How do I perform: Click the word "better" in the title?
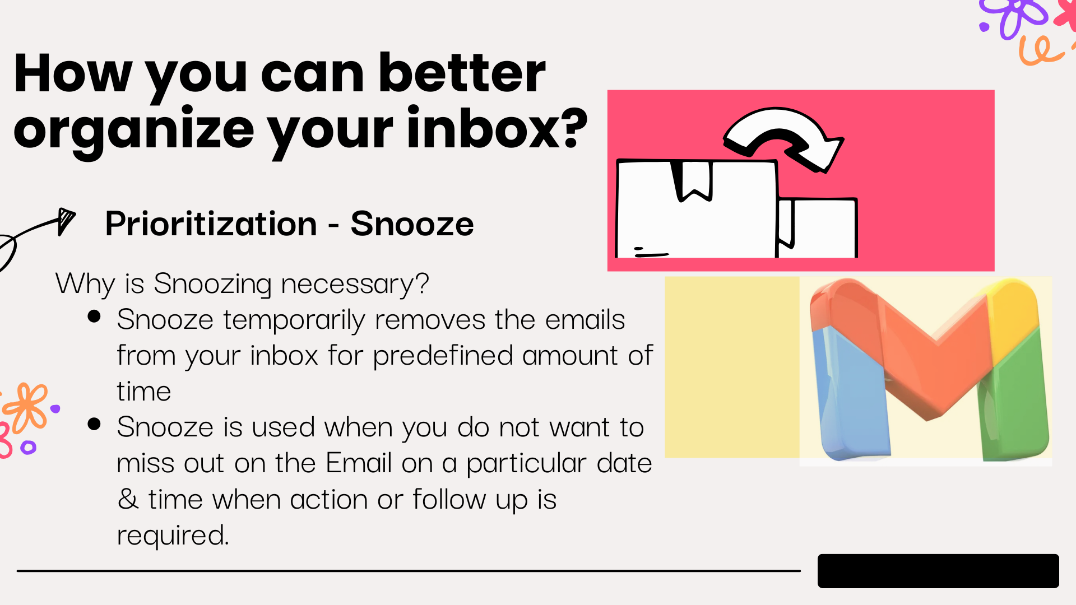pyautogui.click(x=462, y=73)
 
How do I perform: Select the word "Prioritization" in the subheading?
pyautogui.click(x=211, y=224)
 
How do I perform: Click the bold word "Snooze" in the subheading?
pyautogui.click(x=412, y=224)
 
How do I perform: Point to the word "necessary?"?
pyautogui.click(x=355, y=283)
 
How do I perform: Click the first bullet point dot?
pyautogui.click(x=94, y=317)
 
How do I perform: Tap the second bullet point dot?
pyautogui.click(x=94, y=424)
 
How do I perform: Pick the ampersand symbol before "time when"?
pyautogui.click(x=128, y=498)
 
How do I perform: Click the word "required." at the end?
pyautogui.click(x=173, y=535)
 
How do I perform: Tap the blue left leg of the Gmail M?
pyautogui.click(x=852, y=392)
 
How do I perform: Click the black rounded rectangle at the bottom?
pyautogui.click(x=938, y=571)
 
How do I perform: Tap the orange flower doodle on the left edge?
pyautogui.click(x=26, y=408)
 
